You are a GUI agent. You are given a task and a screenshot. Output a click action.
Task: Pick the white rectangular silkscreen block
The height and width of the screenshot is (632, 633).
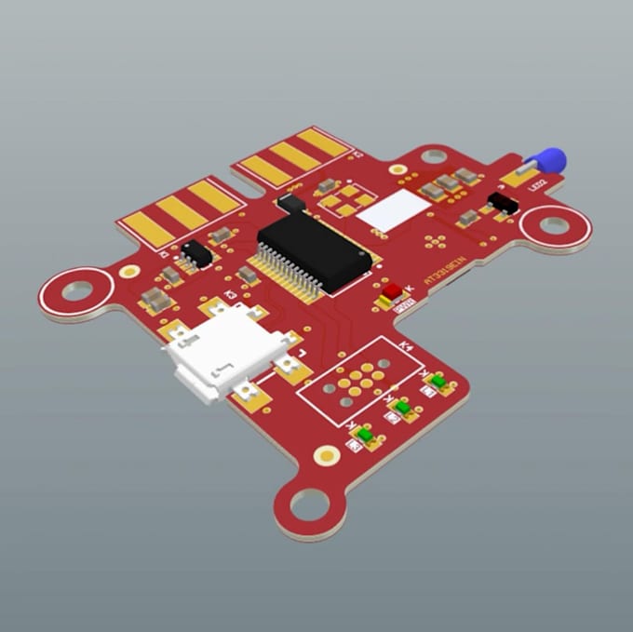click(x=392, y=211)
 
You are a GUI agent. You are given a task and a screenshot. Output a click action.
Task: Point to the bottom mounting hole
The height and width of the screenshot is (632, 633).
click(x=308, y=505)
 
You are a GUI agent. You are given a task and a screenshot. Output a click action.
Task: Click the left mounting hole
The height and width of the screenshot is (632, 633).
click(x=76, y=291)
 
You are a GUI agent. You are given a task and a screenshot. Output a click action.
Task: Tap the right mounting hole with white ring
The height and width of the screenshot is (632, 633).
click(x=555, y=225)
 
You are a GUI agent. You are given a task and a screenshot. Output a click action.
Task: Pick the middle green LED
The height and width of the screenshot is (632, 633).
click(x=403, y=407)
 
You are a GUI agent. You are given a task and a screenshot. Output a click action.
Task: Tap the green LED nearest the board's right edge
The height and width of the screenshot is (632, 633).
click(x=438, y=381)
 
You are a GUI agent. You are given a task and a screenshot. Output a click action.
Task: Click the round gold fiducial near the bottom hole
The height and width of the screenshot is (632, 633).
click(x=327, y=455)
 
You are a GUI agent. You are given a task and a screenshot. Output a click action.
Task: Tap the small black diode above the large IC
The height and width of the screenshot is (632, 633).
click(x=291, y=200)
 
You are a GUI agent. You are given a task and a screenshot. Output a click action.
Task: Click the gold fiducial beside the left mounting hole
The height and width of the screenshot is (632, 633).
click(x=129, y=271)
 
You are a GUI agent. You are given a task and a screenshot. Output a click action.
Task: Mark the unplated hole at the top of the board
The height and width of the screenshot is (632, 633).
click(x=434, y=155)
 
